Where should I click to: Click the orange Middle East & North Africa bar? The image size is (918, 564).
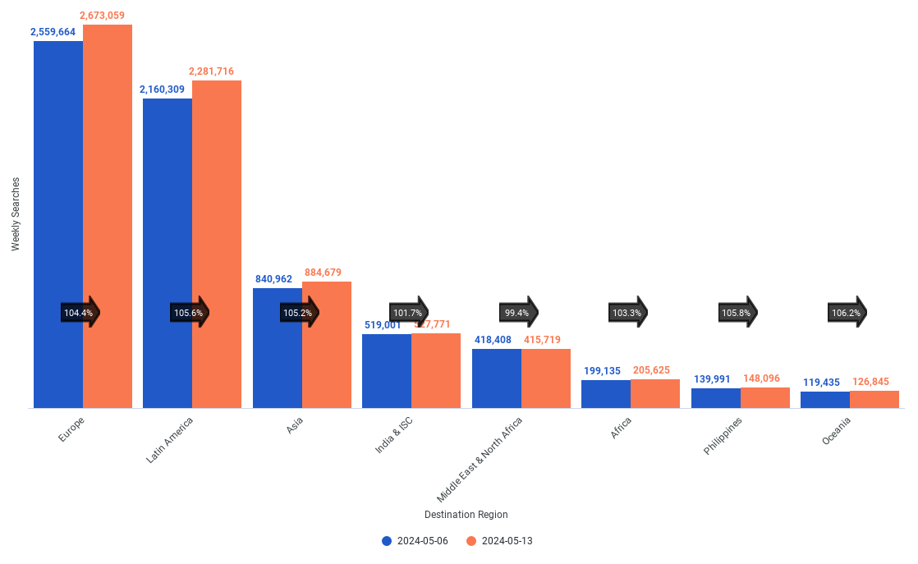[x=546, y=378]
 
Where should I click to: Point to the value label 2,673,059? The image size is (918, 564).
[x=108, y=16]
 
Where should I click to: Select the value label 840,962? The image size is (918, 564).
[x=273, y=279]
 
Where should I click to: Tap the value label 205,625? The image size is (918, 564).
[x=656, y=370]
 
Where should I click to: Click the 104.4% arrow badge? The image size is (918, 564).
[x=80, y=313]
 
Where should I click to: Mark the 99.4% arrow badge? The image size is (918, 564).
[x=518, y=313]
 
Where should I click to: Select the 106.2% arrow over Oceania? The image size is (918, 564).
[x=847, y=313]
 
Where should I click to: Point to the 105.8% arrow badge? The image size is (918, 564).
[x=737, y=313]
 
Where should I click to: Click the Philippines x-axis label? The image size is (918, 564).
[x=724, y=436]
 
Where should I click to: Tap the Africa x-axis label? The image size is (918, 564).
[x=622, y=428]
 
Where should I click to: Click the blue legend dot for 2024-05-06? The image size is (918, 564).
[x=387, y=541]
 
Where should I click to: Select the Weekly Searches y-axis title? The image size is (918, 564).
[x=16, y=213]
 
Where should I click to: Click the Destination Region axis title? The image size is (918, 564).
[x=466, y=515]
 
